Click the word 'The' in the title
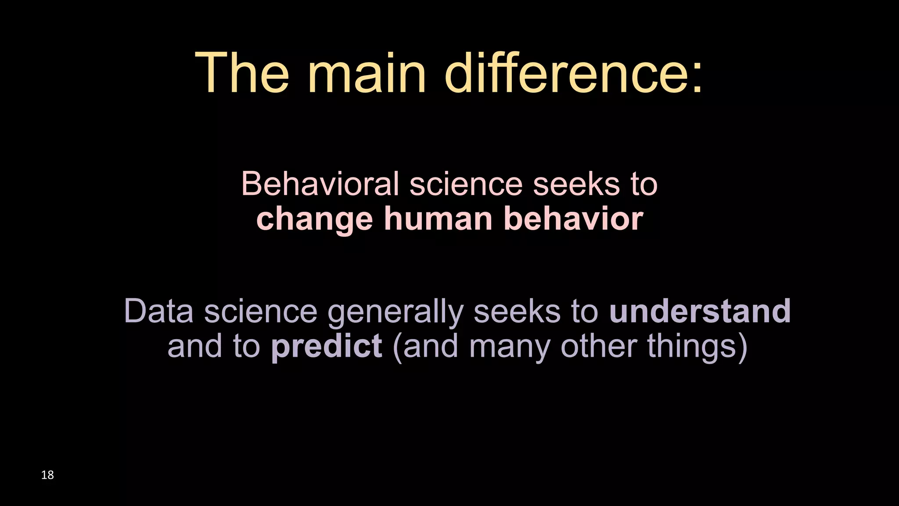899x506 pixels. pyautogui.click(x=242, y=72)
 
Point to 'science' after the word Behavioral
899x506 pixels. pyautogui.click(x=466, y=184)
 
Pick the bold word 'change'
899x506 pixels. pyautogui.click(x=314, y=220)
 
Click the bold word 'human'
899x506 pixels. pyautogui.click(x=438, y=219)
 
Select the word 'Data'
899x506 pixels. pyautogui.click(x=158, y=311)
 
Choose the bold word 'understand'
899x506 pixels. pyautogui.click(x=700, y=311)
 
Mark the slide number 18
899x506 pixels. pyautogui.click(x=47, y=475)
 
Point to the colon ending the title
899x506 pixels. pyautogui.click(x=697, y=79)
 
